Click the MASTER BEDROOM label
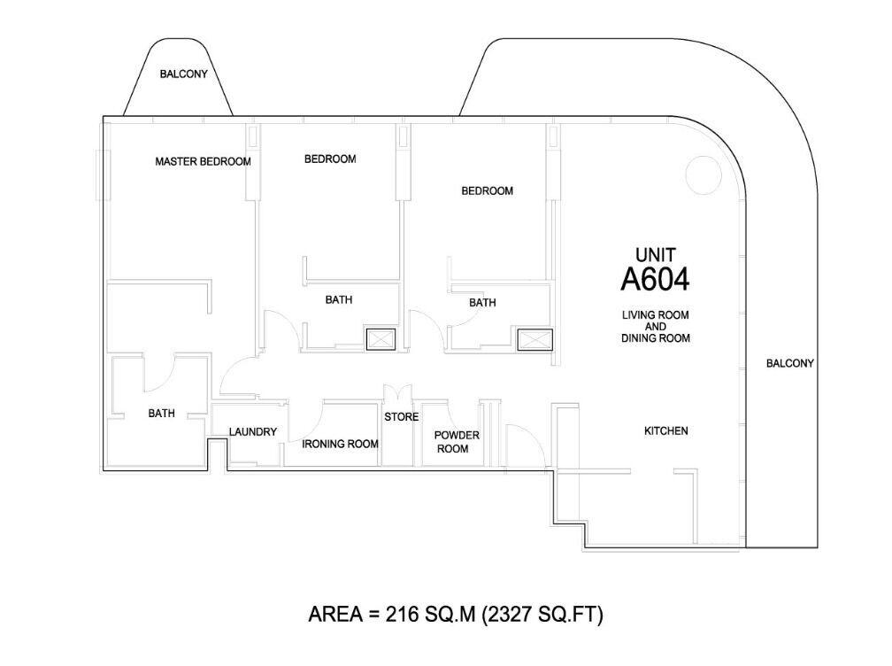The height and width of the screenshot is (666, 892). [204, 162]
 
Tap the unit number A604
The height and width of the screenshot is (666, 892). [655, 279]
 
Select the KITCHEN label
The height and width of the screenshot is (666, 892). [665, 431]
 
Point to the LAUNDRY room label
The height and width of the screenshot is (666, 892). [252, 432]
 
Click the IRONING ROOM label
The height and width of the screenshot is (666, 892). [340, 444]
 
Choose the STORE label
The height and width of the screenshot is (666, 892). [401, 417]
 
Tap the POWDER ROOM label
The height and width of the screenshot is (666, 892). [457, 442]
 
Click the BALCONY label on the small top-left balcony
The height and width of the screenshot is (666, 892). [184, 74]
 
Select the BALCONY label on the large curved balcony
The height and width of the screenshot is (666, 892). [789, 363]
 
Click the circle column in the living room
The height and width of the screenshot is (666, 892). [704, 174]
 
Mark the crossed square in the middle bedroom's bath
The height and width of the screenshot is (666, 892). [381, 339]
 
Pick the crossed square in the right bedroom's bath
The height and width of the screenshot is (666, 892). [534, 339]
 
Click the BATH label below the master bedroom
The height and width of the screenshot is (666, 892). [162, 414]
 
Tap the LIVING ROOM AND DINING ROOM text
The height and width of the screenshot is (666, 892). [656, 326]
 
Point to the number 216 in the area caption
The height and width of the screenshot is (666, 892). [402, 615]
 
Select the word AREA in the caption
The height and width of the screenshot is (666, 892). [335, 615]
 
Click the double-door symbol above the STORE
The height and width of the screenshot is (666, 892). [397, 393]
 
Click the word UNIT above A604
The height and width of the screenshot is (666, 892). [656, 254]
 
